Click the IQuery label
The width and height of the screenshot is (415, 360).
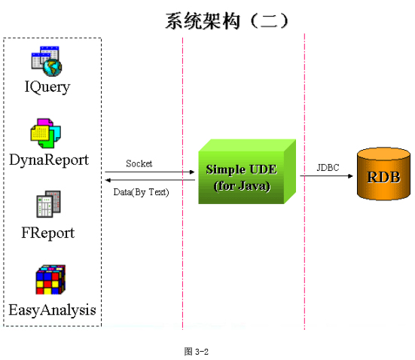[x=47, y=87]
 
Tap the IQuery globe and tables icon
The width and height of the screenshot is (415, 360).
[x=47, y=62]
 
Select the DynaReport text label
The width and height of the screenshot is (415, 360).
[x=49, y=160]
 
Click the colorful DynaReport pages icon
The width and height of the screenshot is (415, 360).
[x=45, y=133]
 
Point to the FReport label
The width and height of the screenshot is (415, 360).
[x=48, y=233]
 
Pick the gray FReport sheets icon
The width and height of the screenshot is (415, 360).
[x=48, y=204]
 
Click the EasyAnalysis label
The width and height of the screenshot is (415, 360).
[x=52, y=310]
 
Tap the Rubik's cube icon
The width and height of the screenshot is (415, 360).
[x=50, y=279]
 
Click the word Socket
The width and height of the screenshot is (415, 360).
[x=139, y=163]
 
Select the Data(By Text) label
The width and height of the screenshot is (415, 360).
[x=141, y=192]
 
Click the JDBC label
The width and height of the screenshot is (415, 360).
[x=328, y=167]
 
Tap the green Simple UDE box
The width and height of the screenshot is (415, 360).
[x=247, y=172]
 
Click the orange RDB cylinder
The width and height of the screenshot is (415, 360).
[x=383, y=174]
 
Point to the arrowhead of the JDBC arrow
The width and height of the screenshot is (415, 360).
[x=351, y=175]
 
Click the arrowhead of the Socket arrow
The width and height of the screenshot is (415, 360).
[x=193, y=172]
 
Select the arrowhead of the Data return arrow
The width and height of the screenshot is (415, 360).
[x=107, y=180]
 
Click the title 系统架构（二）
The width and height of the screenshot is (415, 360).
[x=227, y=21]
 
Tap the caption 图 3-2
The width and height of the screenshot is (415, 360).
[x=196, y=352]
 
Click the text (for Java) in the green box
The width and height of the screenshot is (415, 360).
[x=242, y=186]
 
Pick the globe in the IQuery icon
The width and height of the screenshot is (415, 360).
[x=53, y=68]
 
